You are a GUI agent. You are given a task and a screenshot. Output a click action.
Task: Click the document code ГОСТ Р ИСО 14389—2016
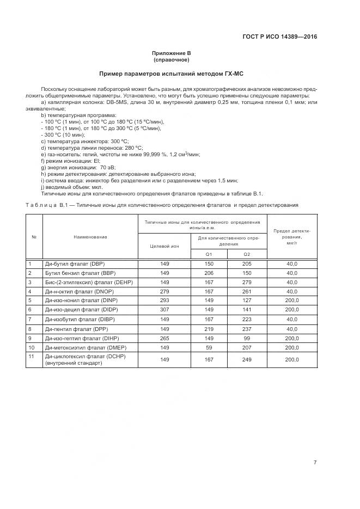pyautogui.click(x=279, y=38)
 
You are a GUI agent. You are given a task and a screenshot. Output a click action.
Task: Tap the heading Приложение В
pyautogui.click(x=171, y=53)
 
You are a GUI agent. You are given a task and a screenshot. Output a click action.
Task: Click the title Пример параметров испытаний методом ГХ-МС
pyautogui.click(x=171, y=73)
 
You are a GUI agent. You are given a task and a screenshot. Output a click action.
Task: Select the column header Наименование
pyautogui.click(x=90, y=237)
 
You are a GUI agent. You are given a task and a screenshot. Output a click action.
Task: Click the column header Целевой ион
pyautogui.click(x=164, y=246)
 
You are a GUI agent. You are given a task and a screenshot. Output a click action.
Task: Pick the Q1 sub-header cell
pyautogui.click(x=208, y=254)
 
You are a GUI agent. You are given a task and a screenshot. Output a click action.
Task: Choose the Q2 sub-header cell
pyautogui.click(x=247, y=254)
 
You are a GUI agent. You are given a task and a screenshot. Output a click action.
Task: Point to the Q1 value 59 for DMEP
pyautogui.click(x=208, y=347)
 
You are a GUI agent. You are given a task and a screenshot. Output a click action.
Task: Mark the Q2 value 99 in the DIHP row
pyautogui.click(x=247, y=338)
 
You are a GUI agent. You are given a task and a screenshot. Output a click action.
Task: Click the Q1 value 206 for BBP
pyautogui.click(x=208, y=273)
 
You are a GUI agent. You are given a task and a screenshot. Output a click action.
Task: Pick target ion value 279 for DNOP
pyautogui.click(x=164, y=292)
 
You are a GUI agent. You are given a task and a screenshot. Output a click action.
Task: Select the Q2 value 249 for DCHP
pyautogui.click(x=247, y=360)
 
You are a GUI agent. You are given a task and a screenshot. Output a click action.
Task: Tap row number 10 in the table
pyautogui.click(x=32, y=347)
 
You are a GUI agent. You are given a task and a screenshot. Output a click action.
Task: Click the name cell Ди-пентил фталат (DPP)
pyautogui.click(x=76, y=329)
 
